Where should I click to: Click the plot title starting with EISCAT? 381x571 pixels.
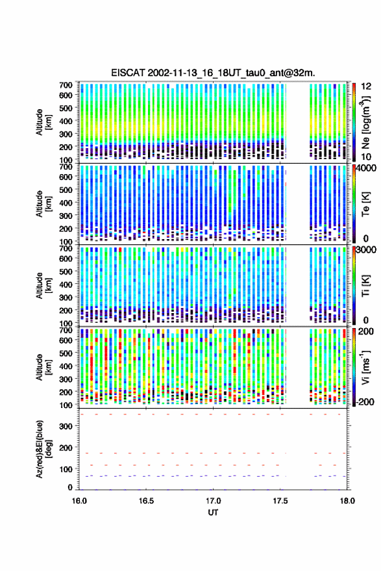[x=214, y=73]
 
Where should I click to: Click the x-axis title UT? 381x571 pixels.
[x=213, y=513]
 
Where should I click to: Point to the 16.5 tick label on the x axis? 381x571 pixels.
[x=146, y=501]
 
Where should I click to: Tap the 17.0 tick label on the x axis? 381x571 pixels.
[x=213, y=501]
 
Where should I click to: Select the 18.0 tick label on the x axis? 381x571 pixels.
[x=347, y=501]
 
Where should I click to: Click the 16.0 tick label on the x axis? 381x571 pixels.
[x=79, y=501]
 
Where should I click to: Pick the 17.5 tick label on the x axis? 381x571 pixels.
[x=280, y=501]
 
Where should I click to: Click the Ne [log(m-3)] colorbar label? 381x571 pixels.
[x=366, y=122]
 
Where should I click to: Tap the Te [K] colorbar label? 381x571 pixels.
[x=365, y=204]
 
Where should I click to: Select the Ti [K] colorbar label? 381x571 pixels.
[x=365, y=286]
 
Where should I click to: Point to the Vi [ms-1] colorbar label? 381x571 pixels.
[x=365, y=367]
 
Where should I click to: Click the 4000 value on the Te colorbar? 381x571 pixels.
[x=366, y=168]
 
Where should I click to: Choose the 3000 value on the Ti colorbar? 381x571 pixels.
[x=366, y=250]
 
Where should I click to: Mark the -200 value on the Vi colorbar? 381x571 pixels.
[x=364, y=401]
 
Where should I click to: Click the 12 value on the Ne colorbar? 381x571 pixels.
[x=367, y=86]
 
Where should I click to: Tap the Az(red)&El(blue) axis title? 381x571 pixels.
[x=43, y=449]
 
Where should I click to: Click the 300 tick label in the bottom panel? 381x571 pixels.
[x=66, y=426]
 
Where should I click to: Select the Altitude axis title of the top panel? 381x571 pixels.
[x=43, y=122]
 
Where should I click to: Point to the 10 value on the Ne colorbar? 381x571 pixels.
[x=367, y=157]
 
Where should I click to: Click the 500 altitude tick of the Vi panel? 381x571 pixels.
[x=66, y=353]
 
